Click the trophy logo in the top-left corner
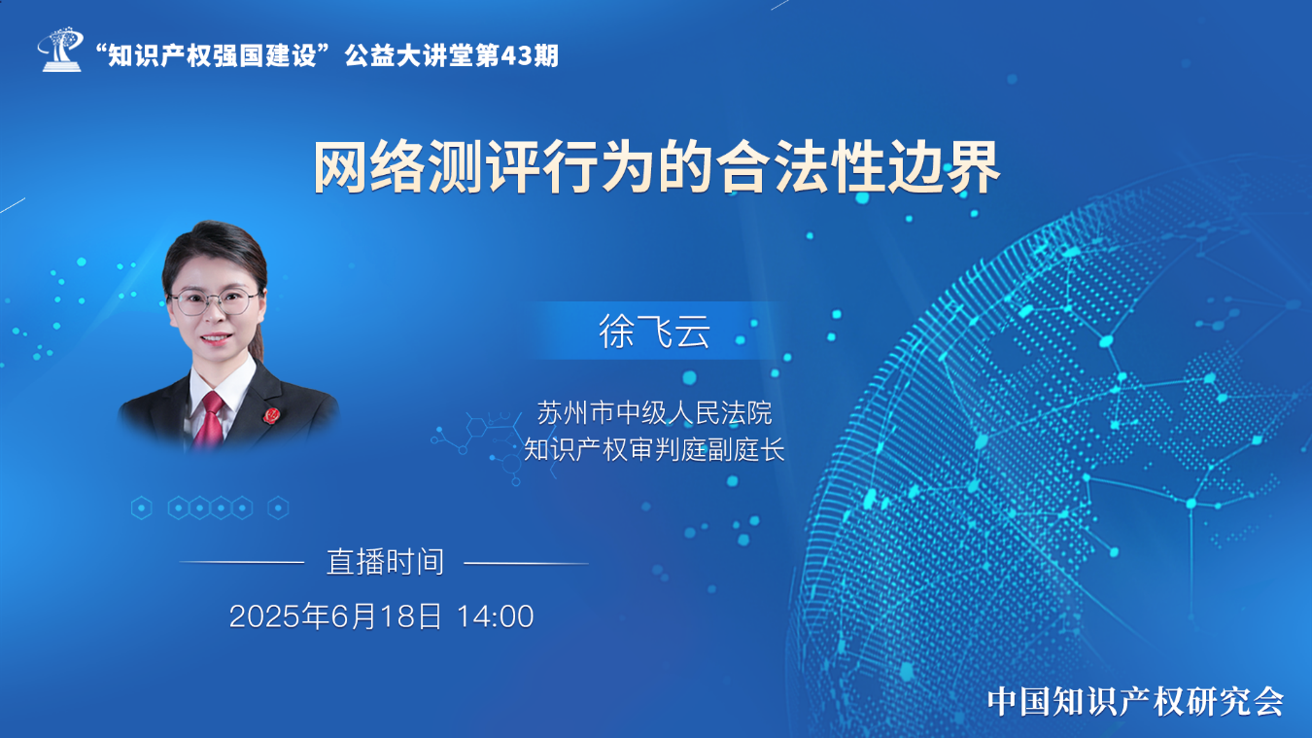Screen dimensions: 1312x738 coord(60,50)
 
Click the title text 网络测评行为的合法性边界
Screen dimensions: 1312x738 coord(656,167)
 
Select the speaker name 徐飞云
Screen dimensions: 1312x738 coord(654,332)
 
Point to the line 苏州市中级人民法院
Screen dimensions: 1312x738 coord(654,412)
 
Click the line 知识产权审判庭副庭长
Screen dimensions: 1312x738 coord(654,450)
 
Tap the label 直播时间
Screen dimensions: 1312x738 coord(385,562)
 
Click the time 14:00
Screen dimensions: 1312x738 coord(495,616)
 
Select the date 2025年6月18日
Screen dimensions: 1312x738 coord(335,616)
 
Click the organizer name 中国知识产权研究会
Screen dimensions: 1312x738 coord(1136,701)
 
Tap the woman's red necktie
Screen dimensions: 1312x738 coord(209,418)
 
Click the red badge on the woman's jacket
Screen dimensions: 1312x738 coord(271,415)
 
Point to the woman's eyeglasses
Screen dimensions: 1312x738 coord(215,301)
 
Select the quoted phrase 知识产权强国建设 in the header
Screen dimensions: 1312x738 coord(212,56)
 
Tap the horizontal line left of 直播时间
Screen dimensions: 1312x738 coord(241,562)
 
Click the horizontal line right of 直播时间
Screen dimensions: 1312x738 coord(526,563)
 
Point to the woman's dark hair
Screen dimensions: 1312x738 coord(215,252)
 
